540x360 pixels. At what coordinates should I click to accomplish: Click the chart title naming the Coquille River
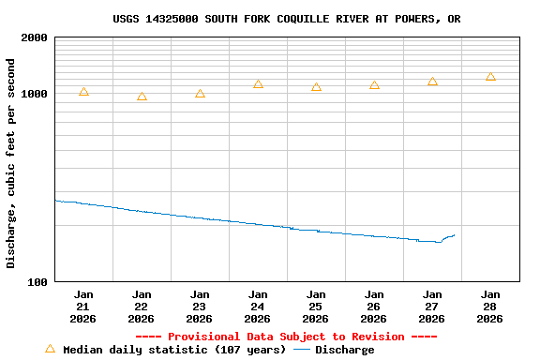tap(286, 19)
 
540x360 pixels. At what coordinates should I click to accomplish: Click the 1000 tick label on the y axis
tap(36, 94)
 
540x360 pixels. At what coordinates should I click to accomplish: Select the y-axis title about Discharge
tap(11, 163)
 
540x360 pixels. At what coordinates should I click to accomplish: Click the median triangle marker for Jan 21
tap(83, 92)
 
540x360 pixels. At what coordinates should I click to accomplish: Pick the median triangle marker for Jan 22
tap(142, 97)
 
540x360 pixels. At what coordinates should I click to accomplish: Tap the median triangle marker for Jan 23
tap(200, 94)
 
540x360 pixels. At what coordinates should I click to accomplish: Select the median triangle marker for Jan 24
tap(258, 84)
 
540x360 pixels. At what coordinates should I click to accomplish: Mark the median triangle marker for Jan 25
tap(316, 87)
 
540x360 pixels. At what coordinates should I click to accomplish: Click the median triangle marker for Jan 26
tap(374, 85)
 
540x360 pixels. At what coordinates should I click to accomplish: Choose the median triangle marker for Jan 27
tap(432, 82)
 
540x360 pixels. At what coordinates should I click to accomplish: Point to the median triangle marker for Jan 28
tap(490, 77)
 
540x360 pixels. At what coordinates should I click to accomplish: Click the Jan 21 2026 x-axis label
tap(83, 307)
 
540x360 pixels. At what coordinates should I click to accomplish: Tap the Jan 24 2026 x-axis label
tap(258, 307)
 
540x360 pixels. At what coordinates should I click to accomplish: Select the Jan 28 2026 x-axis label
tap(490, 307)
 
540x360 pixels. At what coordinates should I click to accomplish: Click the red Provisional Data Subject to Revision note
tap(286, 337)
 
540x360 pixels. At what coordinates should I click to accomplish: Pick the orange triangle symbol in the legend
tap(50, 349)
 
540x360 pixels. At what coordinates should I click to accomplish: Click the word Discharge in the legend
tap(344, 350)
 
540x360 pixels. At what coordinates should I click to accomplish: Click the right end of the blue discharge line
tap(455, 235)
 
